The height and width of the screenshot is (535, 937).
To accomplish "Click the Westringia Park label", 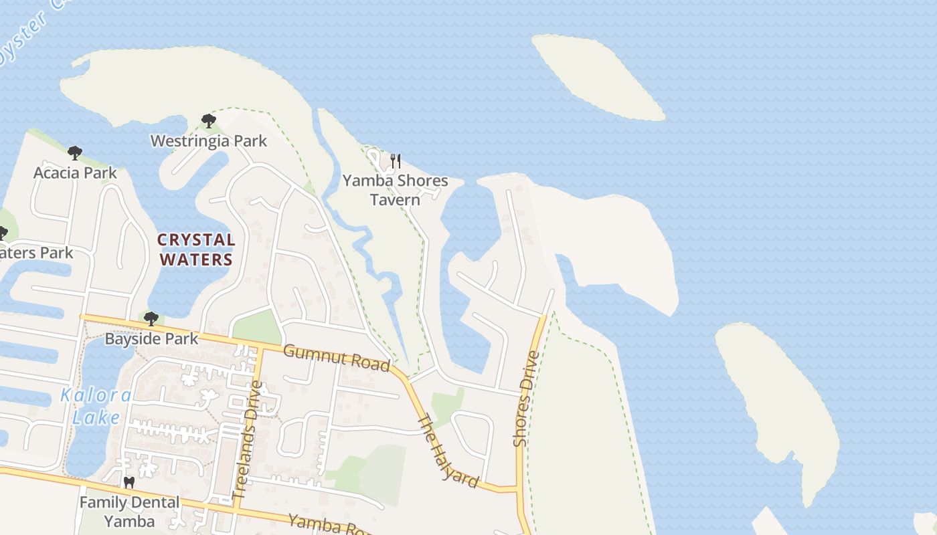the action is coord(208,141).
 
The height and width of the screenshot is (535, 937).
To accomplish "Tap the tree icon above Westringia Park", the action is coord(208,121).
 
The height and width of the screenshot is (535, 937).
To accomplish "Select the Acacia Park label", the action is coord(75,173).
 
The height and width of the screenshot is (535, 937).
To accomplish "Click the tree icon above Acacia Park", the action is coord(75,153).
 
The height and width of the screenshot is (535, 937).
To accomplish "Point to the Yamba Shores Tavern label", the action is coord(395,190).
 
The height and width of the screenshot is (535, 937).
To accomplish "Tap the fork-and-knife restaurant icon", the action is coord(395,161).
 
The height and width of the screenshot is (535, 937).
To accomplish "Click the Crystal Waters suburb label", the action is coord(195,249).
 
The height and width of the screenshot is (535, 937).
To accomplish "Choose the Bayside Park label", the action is coord(151,339).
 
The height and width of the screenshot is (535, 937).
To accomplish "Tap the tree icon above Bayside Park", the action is coord(151,318).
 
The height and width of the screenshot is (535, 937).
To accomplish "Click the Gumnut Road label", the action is coord(336,358).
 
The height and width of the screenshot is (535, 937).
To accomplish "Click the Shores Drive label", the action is coord(526,399).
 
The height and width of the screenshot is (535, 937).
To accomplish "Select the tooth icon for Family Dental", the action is coord(129,482).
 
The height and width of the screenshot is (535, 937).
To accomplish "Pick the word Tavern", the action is coord(395,200).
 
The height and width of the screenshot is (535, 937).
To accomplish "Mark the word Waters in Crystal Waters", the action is coord(195,259).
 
